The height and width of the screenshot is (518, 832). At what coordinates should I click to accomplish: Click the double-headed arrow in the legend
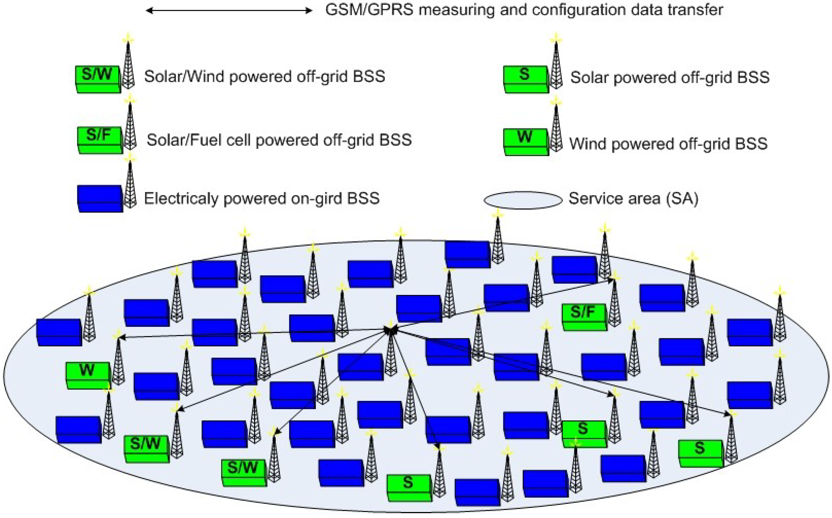pyautogui.click(x=229, y=11)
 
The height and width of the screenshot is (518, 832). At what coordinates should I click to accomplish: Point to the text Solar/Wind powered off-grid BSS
pyautogui.click(x=264, y=76)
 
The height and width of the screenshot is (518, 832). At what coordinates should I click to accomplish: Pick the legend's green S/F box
pyautogui.click(x=100, y=140)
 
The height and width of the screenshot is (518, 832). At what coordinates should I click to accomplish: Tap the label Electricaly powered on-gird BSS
pyautogui.click(x=262, y=198)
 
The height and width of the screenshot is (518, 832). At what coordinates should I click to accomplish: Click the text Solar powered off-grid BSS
pyautogui.click(x=670, y=77)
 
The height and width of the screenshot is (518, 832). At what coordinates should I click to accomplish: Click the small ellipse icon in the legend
pyautogui.click(x=523, y=200)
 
